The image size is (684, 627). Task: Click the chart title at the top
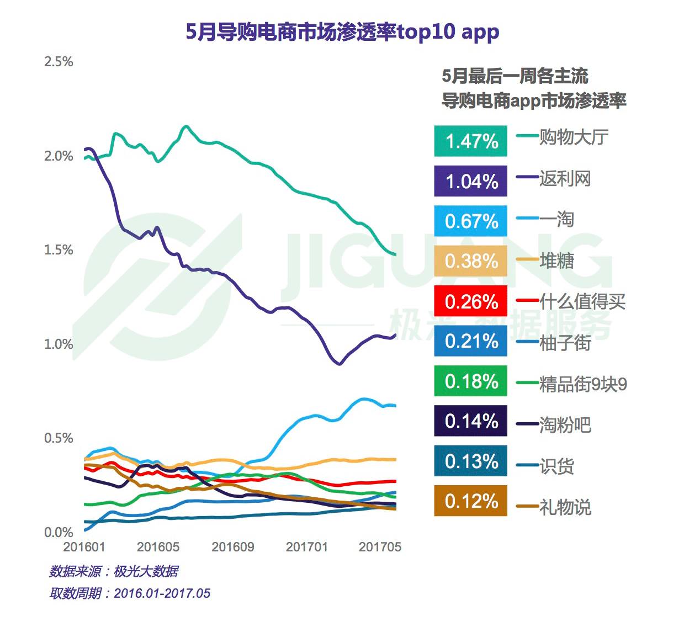pyautogui.click(x=342, y=32)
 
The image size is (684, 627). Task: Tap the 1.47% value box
pyautogui.click(x=471, y=141)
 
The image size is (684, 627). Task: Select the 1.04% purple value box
pyautogui.click(x=471, y=181)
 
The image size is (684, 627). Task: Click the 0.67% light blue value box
pyautogui.click(x=471, y=221)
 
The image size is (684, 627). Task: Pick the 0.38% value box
pyautogui.click(x=471, y=261)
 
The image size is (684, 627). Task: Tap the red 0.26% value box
pyautogui.click(x=471, y=301)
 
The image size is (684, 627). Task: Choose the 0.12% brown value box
pyautogui.click(x=471, y=501)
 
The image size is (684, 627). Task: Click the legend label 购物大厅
pyautogui.click(x=574, y=137)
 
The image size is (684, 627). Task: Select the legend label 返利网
pyautogui.click(x=565, y=178)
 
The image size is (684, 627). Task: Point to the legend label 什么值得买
pyautogui.click(x=582, y=301)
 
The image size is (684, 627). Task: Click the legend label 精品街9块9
pyautogui.click(x=583, y=384)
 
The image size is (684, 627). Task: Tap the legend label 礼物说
pyautogui.click(x=565, y=507)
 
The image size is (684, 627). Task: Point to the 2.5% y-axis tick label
pyautogui.click(x=59, y=62)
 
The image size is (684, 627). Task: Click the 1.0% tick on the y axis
pyautogui.click(x=59, y=344)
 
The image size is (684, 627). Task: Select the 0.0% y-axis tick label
pyautogui.click(x=59, y=533)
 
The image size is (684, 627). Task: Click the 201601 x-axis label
pyautogui.click(x=84, y=547)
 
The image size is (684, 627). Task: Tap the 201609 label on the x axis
pyautogui.click(x=233, y=547)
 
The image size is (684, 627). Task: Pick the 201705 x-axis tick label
pyautogui.click(x=380, y=547)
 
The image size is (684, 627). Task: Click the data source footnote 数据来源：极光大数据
pyautogui.click(x=114, y=571)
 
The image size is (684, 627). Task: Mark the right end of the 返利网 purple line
pyautogui.click(x=395, y=335)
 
